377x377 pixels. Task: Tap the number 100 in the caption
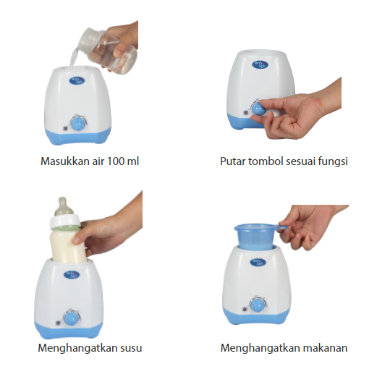tap(119, 161)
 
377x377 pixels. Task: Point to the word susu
tap(128, 348)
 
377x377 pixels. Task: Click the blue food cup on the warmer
tap(256, 235)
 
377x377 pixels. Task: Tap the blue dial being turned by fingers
tap(258, 108)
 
